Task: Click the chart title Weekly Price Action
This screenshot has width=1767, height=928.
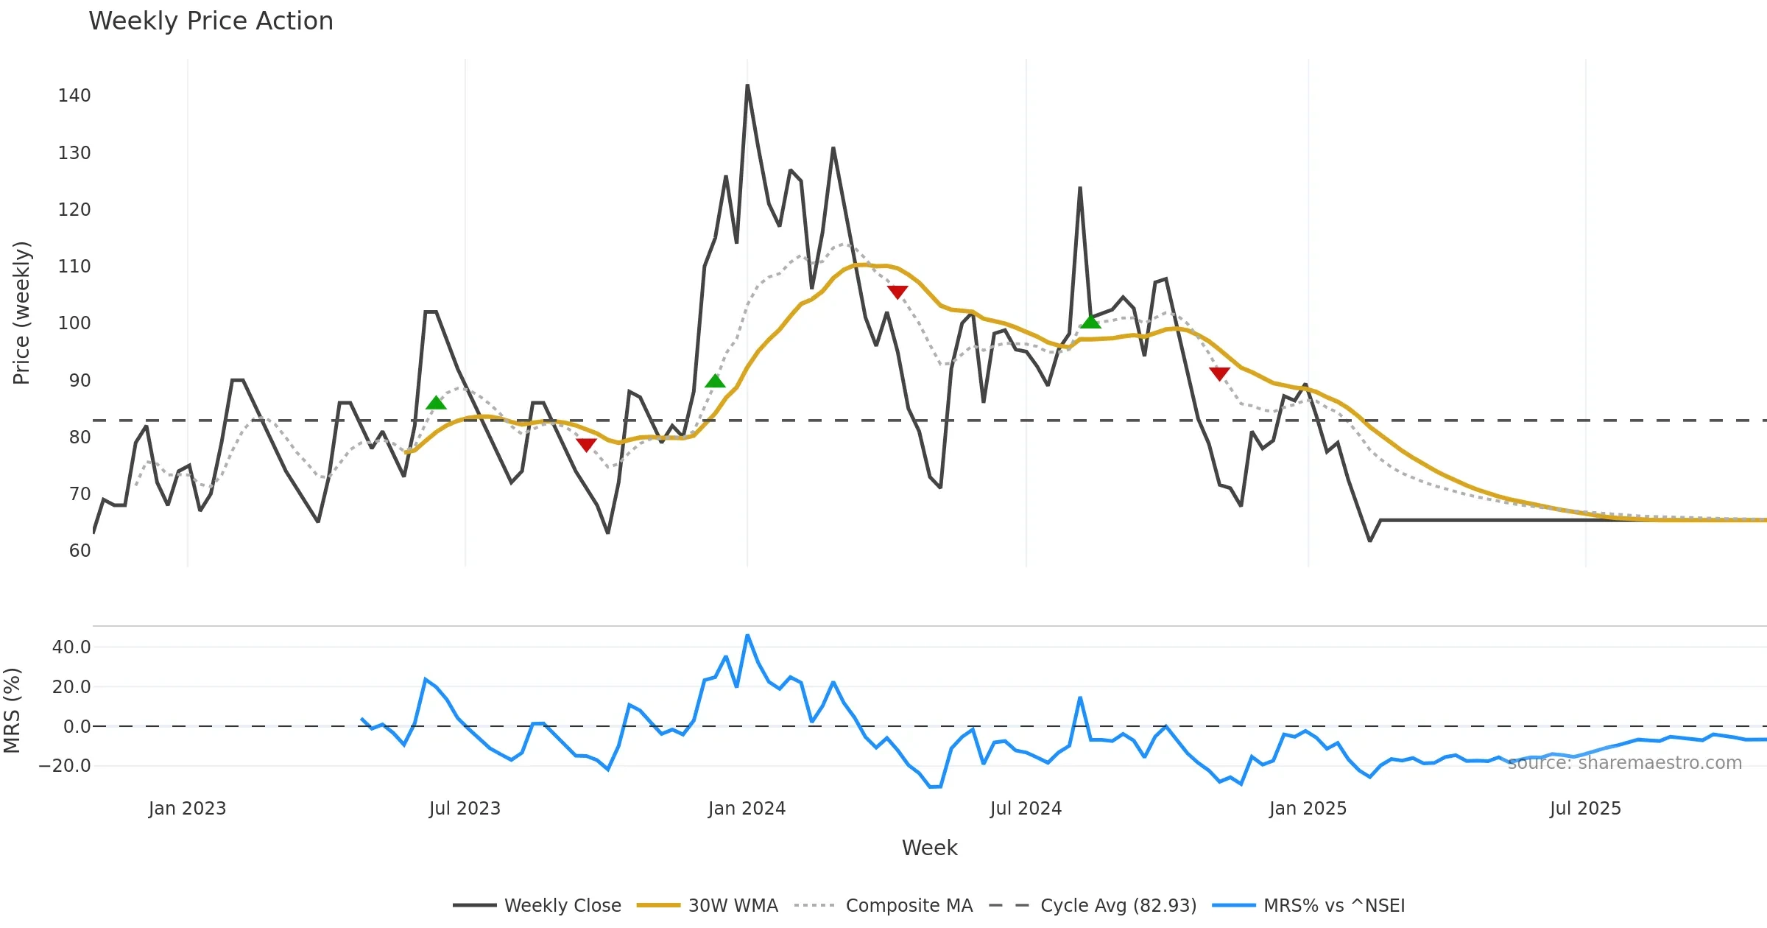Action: [211, 21]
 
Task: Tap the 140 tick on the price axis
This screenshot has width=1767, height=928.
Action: [74, 96]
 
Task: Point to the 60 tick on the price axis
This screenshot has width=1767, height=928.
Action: [80, 551]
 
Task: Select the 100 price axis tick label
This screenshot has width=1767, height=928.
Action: [74, 323]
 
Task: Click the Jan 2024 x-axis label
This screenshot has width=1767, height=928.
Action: [747, 809]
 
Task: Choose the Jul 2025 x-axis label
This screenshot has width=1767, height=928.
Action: [1585, 809]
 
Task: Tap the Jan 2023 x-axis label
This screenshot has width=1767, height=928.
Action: [187, 809]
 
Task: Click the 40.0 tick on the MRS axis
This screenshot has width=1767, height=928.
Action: [71, 647]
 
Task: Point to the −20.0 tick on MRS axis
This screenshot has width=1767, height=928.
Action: [65, 766]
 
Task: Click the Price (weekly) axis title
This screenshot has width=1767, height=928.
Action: [22, 313]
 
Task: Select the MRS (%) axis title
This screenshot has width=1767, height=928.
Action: [13, 711]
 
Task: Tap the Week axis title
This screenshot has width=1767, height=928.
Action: [929, 848]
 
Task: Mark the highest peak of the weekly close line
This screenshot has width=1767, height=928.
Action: [747, 85]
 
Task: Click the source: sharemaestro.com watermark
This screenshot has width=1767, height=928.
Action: [1624, 763]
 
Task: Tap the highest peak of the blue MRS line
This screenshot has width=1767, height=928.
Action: [747, 635]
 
